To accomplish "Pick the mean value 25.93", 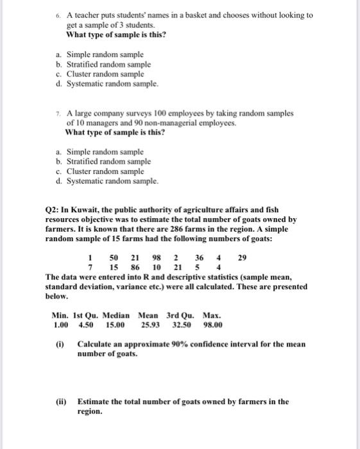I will click(x=149, y=325).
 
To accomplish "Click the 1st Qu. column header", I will click(x=84, y=316).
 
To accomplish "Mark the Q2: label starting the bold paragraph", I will click(x=53, y=210).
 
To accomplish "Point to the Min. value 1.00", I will click(x=59, y=325).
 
